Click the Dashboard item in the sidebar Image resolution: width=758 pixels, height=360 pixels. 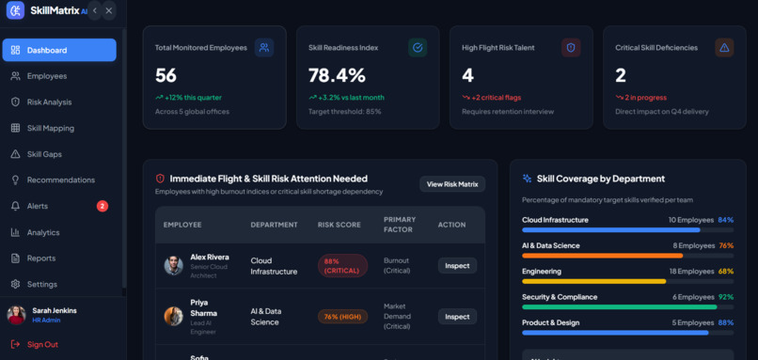point(59,50)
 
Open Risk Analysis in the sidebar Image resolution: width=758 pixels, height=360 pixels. point(49,102)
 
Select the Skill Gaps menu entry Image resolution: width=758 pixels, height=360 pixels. point(44,154)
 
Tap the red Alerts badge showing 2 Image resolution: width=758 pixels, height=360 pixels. point(102,207)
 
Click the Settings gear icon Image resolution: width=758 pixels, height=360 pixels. point(15,284)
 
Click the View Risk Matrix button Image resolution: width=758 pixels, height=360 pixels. point(452,184)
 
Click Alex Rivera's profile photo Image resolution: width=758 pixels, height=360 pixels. point(174,266)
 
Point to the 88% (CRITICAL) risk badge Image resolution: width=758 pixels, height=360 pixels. point(342,266)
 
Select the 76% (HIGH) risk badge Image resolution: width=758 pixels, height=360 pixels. point(342,317)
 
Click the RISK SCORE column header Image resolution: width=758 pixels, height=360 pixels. point(339,225)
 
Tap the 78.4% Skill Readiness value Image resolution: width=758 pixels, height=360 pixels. point(337,75)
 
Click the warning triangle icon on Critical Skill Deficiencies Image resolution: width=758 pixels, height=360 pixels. point(724,47)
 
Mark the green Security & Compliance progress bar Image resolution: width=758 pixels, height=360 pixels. point(619,306)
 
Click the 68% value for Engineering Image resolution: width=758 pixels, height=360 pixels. point(726,271)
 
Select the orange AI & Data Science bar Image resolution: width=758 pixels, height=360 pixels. point(602,256)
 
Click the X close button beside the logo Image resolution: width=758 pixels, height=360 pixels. point(109,10)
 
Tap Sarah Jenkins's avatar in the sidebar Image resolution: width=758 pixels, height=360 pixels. point(16,315)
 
